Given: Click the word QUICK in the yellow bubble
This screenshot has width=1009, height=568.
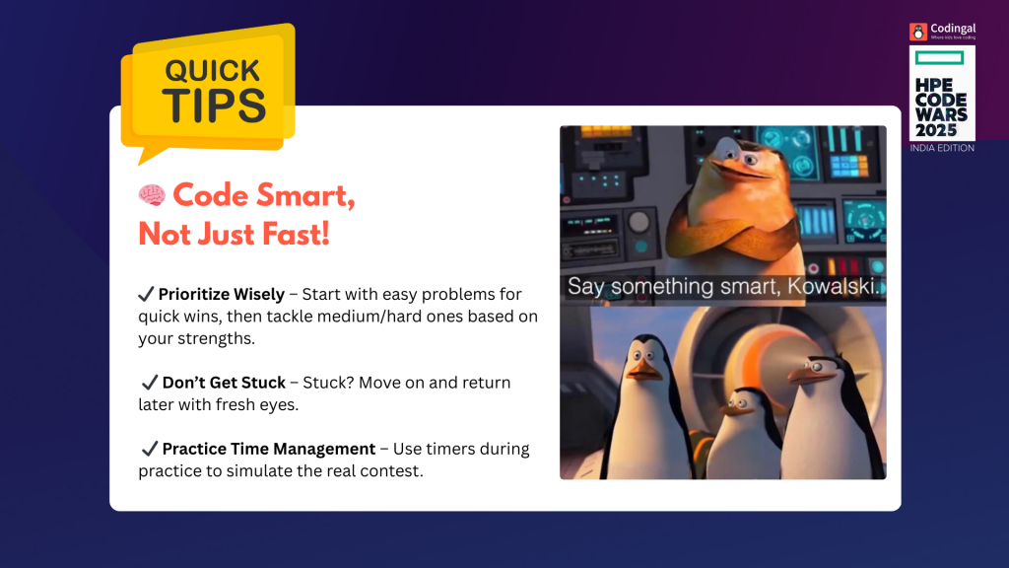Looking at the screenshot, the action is [213, 71].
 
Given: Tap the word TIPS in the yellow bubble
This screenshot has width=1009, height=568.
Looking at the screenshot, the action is [214, 106].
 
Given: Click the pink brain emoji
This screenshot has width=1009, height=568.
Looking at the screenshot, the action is [152, 195].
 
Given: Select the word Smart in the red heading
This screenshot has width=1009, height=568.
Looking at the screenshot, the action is [305, 196].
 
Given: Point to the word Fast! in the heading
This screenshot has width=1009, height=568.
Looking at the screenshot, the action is [297, 233].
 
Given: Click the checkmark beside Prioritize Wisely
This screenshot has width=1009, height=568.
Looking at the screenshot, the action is [146, 294].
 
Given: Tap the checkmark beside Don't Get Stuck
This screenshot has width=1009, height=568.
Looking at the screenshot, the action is [150, 382].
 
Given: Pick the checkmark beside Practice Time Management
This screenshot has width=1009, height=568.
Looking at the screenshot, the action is [150, 449].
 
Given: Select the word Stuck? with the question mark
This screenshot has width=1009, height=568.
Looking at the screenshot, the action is [328, 383].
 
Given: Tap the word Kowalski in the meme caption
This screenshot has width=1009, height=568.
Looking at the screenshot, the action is [833, 287].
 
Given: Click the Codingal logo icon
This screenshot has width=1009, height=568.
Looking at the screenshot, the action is [918, 32].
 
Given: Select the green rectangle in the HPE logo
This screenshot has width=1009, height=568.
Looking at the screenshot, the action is [939, 58].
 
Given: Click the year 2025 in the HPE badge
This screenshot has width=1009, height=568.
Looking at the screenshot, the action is [936, 130].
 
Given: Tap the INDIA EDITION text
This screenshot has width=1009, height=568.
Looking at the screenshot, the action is [942, 148].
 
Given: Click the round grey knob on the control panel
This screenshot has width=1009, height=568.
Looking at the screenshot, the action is [639, 222].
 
